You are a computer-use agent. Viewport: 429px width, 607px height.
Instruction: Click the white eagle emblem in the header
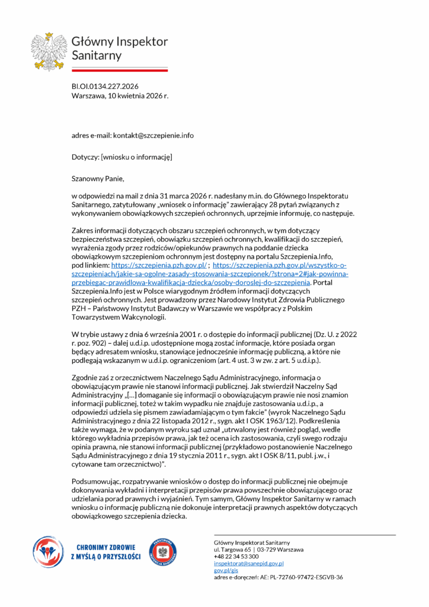[50, 49]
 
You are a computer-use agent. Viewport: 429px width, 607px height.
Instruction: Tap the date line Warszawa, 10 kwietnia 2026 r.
[120, 95]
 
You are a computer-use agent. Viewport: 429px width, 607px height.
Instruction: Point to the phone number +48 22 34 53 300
[236, 557]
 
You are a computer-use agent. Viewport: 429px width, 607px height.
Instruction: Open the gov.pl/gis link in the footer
[222, 570]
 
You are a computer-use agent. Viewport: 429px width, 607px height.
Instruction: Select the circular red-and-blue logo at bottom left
[49, 552]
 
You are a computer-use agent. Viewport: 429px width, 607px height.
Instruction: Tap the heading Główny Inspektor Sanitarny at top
[119, 49]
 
